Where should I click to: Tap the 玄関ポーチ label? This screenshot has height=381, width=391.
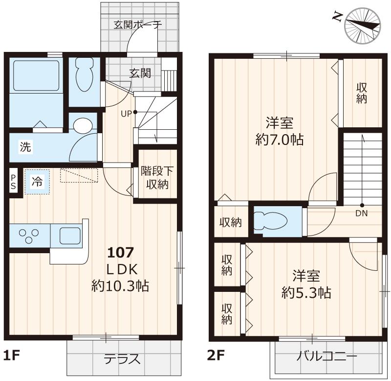(x=138, y=25)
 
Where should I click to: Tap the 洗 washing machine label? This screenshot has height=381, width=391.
(x=26, y=147)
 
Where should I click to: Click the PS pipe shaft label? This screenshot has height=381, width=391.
(x=14, y=182)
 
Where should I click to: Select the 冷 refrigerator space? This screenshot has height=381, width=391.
(x=38, y=182)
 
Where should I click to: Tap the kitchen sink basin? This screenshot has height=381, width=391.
(x=70, y=236)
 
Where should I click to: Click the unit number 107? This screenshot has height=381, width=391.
(x=121, y=253)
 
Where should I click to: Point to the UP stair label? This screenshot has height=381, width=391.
(x=126, y=114)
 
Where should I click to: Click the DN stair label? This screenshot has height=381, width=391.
(x=362, y=213)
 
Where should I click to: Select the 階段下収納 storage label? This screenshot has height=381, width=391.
(x=157, y=178)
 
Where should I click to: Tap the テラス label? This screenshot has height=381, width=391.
(x=122, y=359)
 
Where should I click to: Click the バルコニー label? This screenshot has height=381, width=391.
(x=327, y=356)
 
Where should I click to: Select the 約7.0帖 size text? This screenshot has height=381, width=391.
(x=279, y=140)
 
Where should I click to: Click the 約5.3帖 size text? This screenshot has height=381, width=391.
(x=306, y=292)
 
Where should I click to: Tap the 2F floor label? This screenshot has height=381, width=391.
(x=216, y=355)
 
